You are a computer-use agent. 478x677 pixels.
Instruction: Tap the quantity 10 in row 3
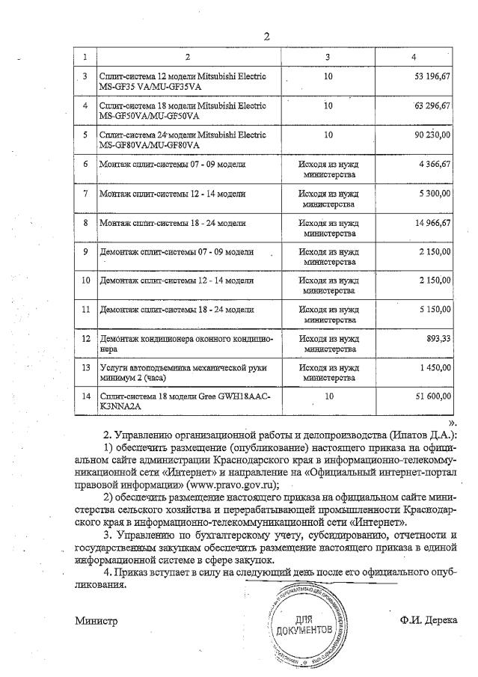328,76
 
